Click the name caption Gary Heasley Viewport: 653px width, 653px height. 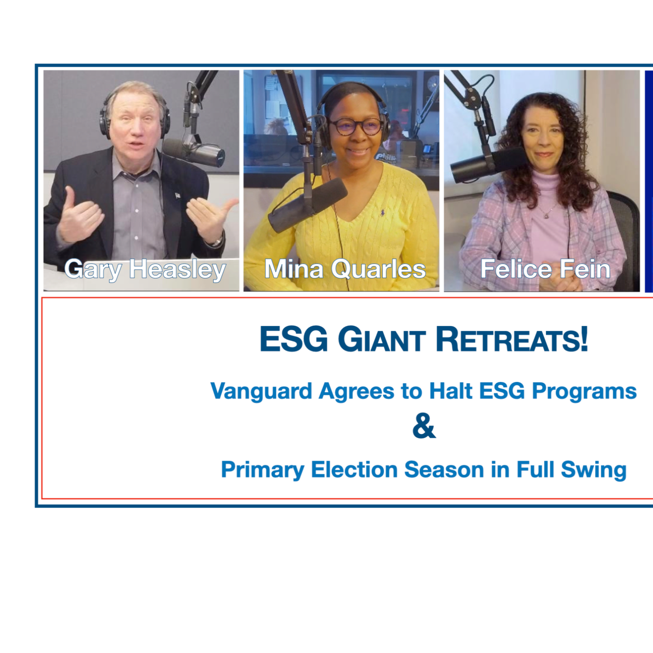(x=145, y=269)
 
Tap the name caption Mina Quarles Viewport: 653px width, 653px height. (x=345, y=269)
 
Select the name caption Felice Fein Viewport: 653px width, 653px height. (x=545, y=269)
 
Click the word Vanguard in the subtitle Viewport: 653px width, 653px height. (x=261, y=391)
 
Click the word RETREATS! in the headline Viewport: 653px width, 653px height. (x=512, y=340)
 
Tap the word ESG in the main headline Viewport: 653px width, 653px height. (x=294, y=340)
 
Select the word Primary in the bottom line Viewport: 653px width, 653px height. (x=262, y=470)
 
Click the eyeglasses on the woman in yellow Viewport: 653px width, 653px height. (x=355, y=126)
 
